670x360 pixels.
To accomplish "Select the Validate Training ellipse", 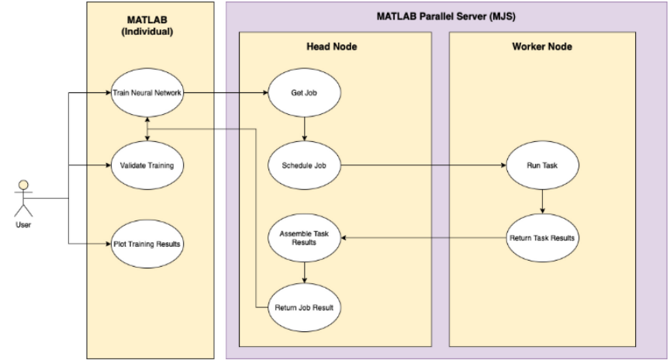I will click(x=147, y=165).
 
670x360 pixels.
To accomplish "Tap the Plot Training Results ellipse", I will click(x=147, y=244).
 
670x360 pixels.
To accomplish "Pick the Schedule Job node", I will click(x=304, y=165).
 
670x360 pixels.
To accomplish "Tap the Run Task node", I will click(x=540, y=165).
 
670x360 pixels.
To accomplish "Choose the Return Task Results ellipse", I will click(x=540, y=237).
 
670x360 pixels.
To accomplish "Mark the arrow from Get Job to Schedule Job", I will click(x=304, y=129).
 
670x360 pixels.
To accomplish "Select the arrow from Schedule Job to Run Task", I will click(x=423, y=165).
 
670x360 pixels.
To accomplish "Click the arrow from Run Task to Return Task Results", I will click(x=540, y=200).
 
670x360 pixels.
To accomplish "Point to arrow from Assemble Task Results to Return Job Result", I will click(x=304, y=272).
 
